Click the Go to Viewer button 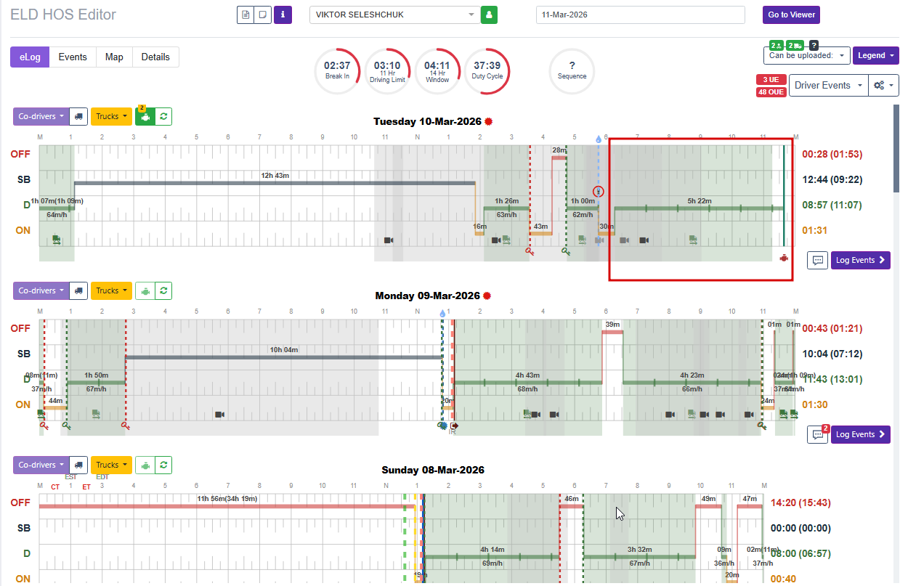pyautogui.click(x=791, y=15)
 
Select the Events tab pyautogui.click(x=73, y=57)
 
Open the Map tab pyautogui.click(x=114, y=57)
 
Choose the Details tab pyautogui.click(x=155, y=57)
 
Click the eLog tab pyautogui.click(x=30, y=57)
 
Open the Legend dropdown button pyautogui.click(x=875, y=56)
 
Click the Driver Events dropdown pyautogui.click(x=827, y=85)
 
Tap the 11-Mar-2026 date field pyautogui.click(x=640, y=15)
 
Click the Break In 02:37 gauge pyautogui.click(x=338, y=71)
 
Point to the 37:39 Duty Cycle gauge pyautogui.click(x=486, y=71)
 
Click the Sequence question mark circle pyautogui.click(x=572, y=71)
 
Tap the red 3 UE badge pyautogui.click(x=771, y=79)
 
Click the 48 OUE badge pyautogui.click(x=771, y=92)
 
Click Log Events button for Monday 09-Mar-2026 pyautogui.click(x=860, y=434)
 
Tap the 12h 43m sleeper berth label pyautogui.click(x=275, y=175)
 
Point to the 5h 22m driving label pyautogui.click(x=700, y=201)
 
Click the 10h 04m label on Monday pyautogui.click(x=283, y=350)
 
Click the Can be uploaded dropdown pyautogui.click(x=806, y=56)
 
